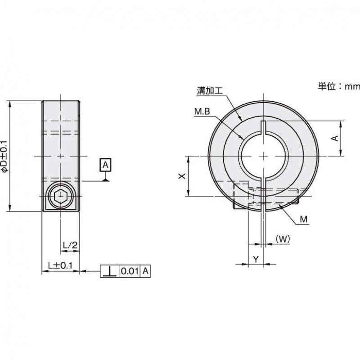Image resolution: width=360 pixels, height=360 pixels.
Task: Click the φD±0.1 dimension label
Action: tap(5, 156)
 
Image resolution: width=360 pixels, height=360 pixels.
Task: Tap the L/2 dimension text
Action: tap(70, 245)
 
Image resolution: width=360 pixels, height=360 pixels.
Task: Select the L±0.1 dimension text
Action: tap(60, 266)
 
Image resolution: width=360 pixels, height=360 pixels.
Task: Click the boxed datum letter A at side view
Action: tap(105, 165)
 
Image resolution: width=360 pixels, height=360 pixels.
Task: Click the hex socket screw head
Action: tap(59, 197)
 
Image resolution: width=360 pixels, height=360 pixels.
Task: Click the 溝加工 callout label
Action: tap(210, 90)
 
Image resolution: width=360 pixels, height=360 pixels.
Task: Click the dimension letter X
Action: tap(181, 176)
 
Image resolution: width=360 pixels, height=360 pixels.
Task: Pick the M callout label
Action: tap(303, 220)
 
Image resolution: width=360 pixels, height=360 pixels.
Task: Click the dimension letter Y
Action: tap(255, 259)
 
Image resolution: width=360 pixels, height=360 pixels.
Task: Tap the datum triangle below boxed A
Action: tap(105, 180)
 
